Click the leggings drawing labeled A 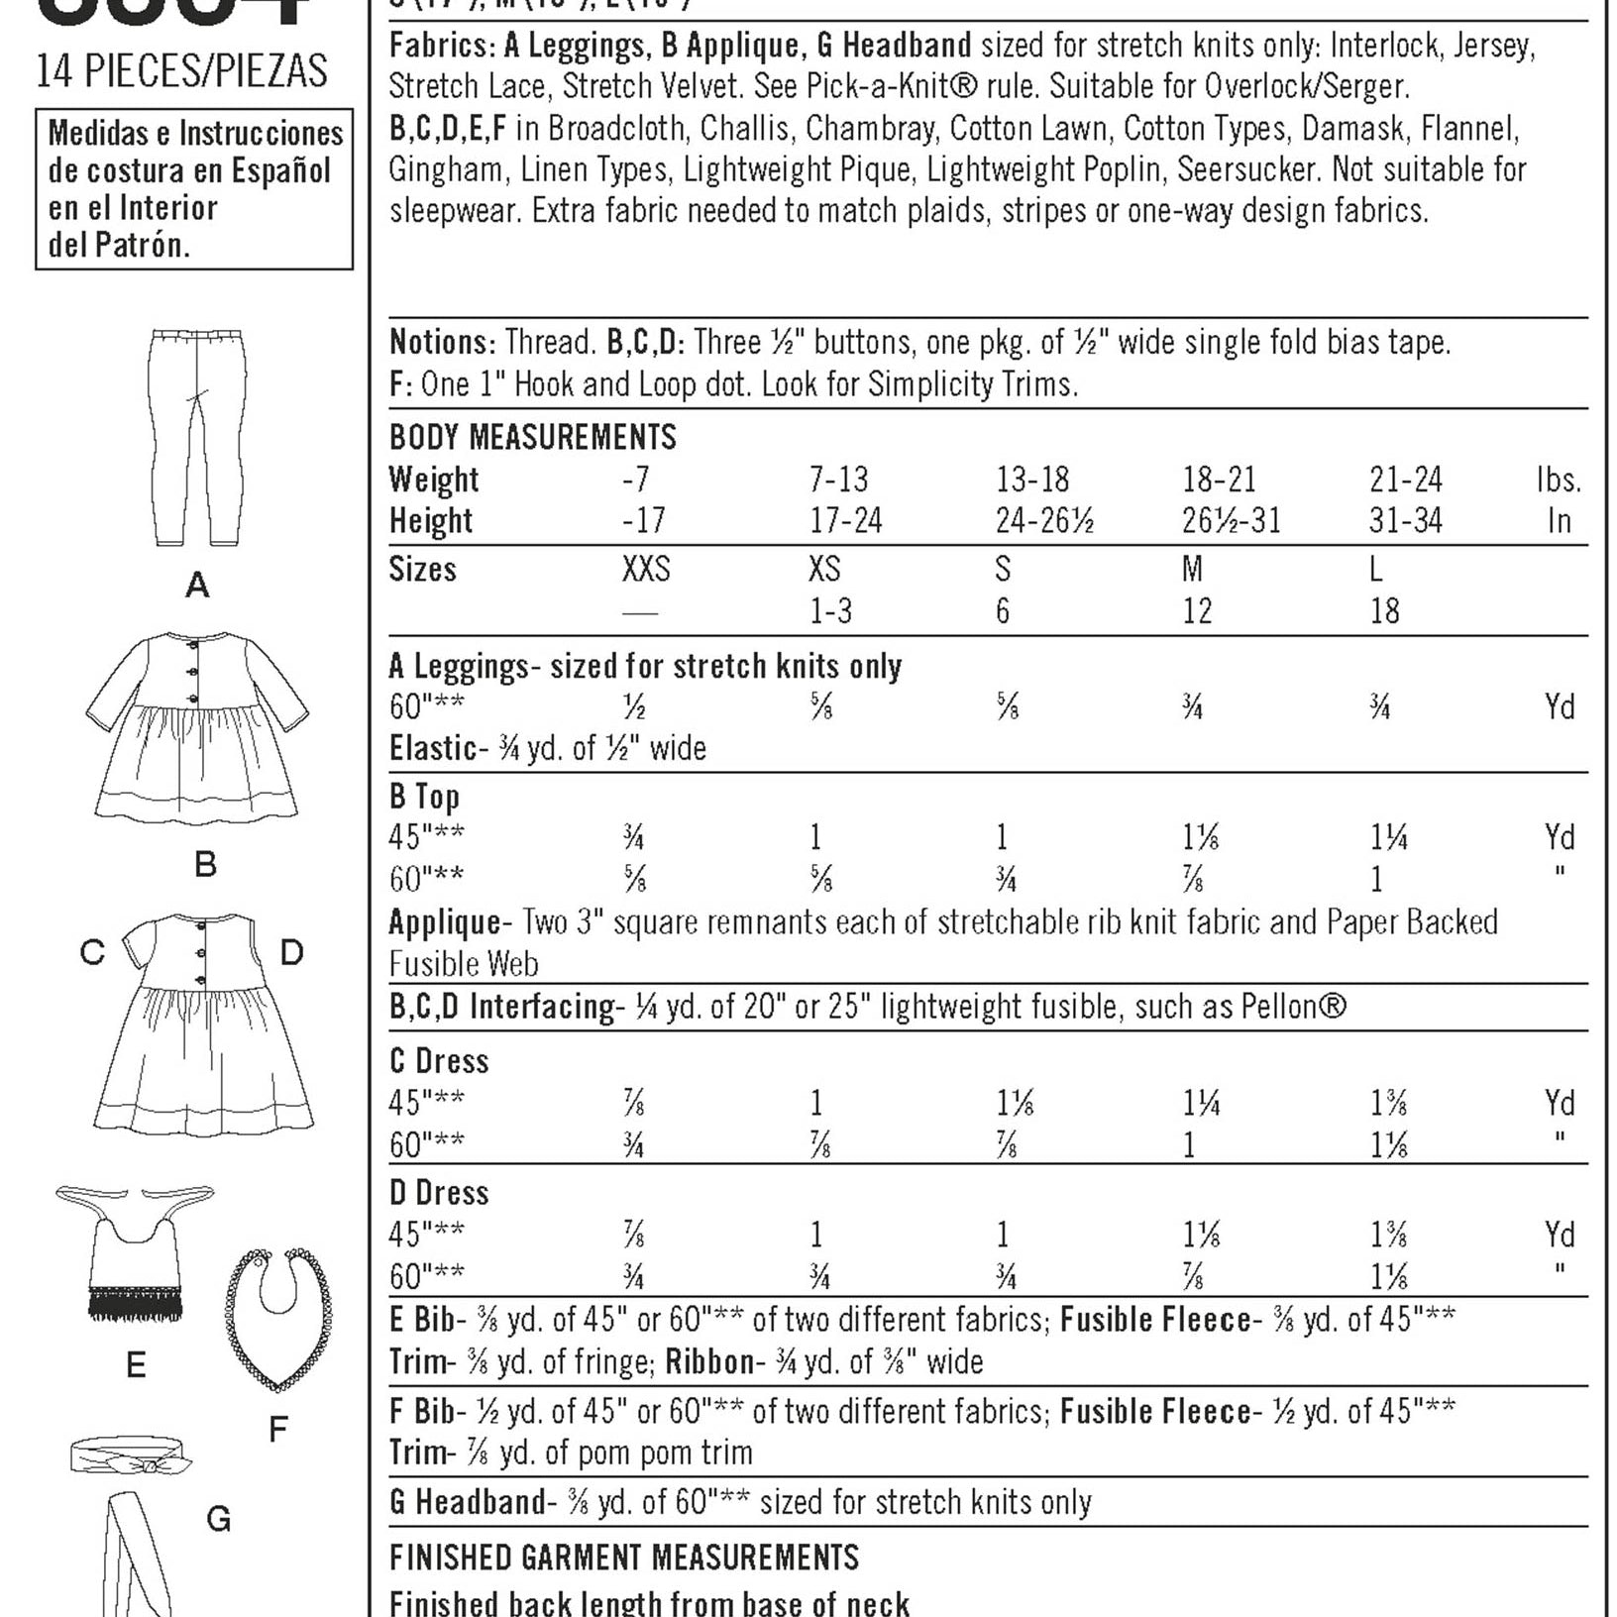(x=198, y=436)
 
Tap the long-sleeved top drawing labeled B (x=196, y=728)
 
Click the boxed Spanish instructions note (x=194, y=189)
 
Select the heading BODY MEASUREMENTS (x=532, y=438)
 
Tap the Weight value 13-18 (x=1031, y=481)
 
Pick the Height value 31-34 (x=1405, y=521)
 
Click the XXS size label (x=646, y=570)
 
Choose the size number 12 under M (x=1197, y=611)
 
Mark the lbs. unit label (x=1558, y=481)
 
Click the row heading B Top (x=424, y=797)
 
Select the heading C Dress (x=439, y=1061)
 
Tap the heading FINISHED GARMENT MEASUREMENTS (x=624, y=1559)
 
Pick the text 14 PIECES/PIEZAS (x=182, y=71)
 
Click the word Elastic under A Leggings (x=432, y=749)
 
